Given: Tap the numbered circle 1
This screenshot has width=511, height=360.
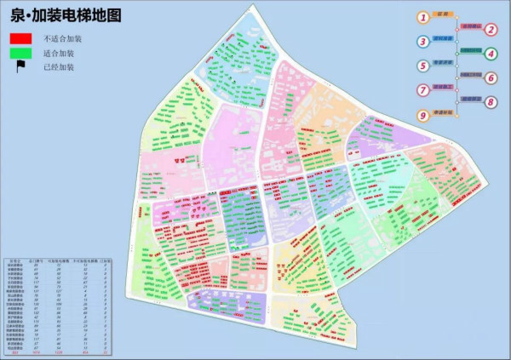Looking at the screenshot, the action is tap(423, 17).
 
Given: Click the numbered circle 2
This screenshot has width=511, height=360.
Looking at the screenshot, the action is tap(491, 29).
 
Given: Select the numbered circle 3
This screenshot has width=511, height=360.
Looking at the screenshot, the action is tap(423, 41).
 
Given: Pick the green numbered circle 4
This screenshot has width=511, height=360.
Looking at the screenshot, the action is tap(491, 54).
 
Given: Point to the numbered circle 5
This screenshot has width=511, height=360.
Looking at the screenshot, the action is tap(423, 66).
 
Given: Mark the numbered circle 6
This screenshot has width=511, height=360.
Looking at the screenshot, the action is tap(491, 77).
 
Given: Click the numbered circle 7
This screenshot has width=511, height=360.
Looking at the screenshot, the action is tap(423, 90).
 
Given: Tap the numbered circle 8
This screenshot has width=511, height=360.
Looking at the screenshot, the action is tap(491, 102).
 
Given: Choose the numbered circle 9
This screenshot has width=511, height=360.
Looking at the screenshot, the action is tap(423, 115).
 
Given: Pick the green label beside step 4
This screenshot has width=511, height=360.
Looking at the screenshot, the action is tap(471, 52).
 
